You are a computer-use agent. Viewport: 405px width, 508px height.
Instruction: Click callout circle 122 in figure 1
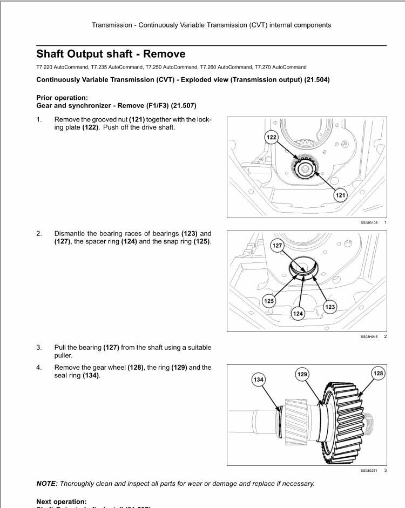click(271, 137)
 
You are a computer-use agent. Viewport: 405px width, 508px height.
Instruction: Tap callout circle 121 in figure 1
click(341, 195)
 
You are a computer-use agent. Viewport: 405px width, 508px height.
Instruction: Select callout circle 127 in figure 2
click(277, 246)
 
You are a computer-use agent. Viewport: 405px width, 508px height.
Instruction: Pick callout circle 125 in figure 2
click(269, 301)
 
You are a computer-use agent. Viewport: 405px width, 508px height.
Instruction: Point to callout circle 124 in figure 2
click(298, 313)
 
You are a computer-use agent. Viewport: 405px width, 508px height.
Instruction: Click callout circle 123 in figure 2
click(329, 307)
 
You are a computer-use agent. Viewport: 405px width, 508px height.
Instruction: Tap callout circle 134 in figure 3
click(259, 380)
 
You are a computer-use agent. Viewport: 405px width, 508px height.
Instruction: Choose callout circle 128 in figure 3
click(378, 374)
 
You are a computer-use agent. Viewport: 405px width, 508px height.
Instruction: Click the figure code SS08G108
click(370, 222)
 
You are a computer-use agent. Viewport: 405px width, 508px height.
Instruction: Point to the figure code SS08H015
click(370, 336)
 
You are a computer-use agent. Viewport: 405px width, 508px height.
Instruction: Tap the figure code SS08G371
click(370, 471)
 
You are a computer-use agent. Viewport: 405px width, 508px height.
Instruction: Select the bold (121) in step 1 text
click(137, 119)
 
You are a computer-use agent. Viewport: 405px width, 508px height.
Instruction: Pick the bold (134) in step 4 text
click(91, 375)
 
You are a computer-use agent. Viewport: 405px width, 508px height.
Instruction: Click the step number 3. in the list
click(39, 347)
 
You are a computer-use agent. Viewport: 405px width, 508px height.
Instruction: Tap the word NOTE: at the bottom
click(47, 484)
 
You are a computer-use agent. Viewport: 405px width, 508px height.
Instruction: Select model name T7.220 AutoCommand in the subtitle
click(61, 67)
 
